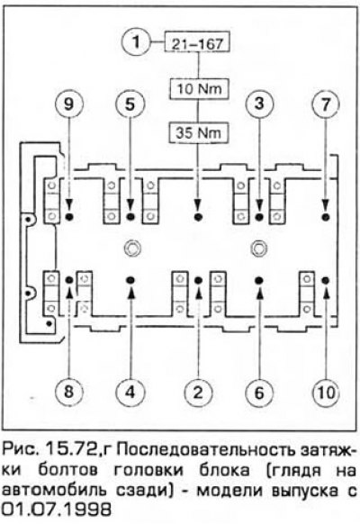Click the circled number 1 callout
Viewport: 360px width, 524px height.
pyautogui.click(x=136, y=42)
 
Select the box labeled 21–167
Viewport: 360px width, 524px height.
pyautogui.click(x=197, y=42)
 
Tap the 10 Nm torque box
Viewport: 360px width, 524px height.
pyautogui.click(x=199, y=89)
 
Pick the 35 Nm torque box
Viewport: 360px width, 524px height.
pyautogui.click(x=199, y=132)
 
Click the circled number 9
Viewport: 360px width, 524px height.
pyautogui.click(x=68, y=104)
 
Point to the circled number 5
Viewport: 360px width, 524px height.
pyautogui.click(x=130, y=104)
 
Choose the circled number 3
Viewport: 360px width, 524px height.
pyautogui.click(x=259, y=104)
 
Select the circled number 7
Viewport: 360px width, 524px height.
pyautogui.click(x=325, y=104)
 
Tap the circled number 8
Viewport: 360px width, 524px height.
pyautogui.click(x=68, y=391)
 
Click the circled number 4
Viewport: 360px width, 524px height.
pyautogui.click(x=130, y=391)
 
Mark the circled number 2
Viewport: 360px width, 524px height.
pyautogui.click(x=198, y=392)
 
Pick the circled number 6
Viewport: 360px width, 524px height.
pyautogui.click(x=259, y=392)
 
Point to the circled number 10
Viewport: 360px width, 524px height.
pyautogui.click(x=326, y=392)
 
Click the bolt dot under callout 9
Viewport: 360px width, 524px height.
pyautogui.click(x=69, y=217)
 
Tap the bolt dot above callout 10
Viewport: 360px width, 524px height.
pyautogui.click(x=326, y=279)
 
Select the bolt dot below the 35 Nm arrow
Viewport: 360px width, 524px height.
pyautogui.click(x=198, y=217)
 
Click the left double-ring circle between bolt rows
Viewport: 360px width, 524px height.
pyautogui.click(x=130, y=248)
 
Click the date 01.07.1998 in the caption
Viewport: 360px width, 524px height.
pyautogui.click(x=56, y=510)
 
